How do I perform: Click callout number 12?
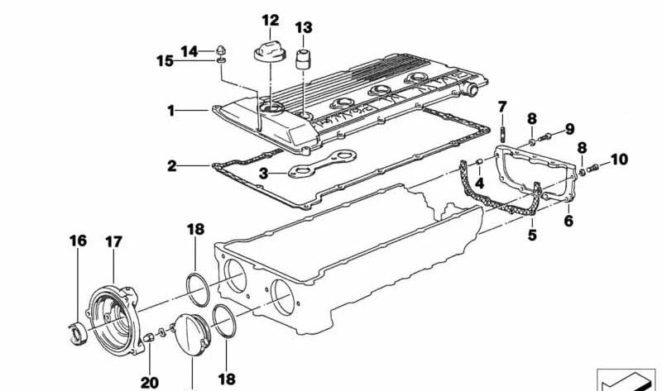click(x=271, y=21)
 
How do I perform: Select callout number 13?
click(x=304, y=27)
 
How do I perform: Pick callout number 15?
click(x=165, y=60)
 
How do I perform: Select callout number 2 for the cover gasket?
click(x=171, y=166)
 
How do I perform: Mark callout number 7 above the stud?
click(x=502, y=107)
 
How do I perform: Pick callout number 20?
click(x=149, y=381)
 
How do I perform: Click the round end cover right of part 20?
click(x=191, y=341)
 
